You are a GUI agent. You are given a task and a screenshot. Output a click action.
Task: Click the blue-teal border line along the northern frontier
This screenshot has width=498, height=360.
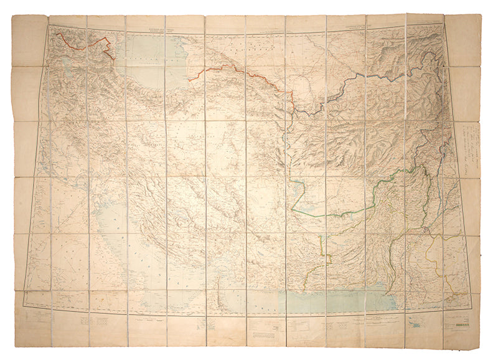374,75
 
